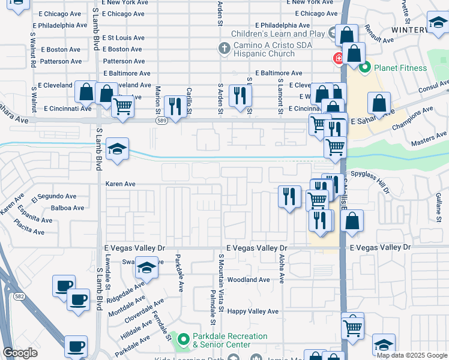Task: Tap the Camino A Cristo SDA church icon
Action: (x=224, y=47)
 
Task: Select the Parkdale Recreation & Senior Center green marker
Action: (x=183, y=340)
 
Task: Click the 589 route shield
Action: (x=162, y=121)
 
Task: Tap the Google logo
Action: (x=20, y=353)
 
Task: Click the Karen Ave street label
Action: (x=121, y=184)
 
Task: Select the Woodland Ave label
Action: (x=249, y=280)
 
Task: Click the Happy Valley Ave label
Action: (x=253, y=311)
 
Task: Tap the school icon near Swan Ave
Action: (x=146, y=268)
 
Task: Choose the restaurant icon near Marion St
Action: (x=175, y=107)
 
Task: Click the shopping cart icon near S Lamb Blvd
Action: (x=123, y=107)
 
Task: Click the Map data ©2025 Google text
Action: (x=411, y=355)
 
